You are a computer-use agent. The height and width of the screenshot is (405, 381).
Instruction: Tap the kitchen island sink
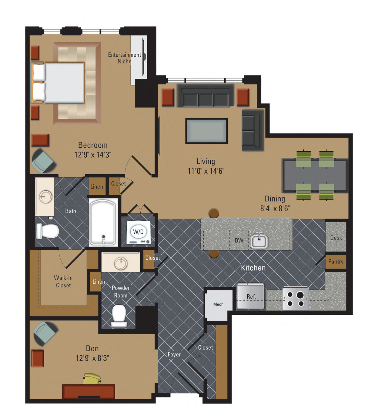click(x=259, y=241)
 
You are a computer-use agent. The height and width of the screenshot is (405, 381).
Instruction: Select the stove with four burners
click(x=296, y=299)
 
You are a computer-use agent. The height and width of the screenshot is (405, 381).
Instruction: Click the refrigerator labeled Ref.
click(x=250, y=296)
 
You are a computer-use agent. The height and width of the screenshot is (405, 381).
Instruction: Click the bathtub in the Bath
click(x=103, y=222)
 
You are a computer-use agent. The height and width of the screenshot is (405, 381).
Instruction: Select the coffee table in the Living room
click(x=206, y=131)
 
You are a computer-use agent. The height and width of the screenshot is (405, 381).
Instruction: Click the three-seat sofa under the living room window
click(x=206, y=96)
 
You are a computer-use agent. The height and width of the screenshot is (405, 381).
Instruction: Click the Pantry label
click(x=336, y=262)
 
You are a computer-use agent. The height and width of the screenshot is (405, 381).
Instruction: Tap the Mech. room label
click(x=219, y=304)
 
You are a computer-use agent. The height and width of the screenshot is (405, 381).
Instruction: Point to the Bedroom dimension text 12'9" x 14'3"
click(x=93, y=155)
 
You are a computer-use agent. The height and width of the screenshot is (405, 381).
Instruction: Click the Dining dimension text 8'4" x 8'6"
click(x=275, y=208)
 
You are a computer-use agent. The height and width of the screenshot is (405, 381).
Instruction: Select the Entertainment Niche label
click(x=125, y=58)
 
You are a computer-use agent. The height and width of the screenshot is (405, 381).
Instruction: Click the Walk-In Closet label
click(x=63, y=281)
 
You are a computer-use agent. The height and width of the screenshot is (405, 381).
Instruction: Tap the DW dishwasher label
click(x=239, y=240)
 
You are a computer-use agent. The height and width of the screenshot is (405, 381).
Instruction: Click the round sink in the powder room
click(x=121, y=263)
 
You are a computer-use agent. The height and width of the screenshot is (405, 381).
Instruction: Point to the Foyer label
click(x=174, y=354)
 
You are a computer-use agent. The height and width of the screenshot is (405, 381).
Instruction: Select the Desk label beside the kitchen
click(x=336, y=238)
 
